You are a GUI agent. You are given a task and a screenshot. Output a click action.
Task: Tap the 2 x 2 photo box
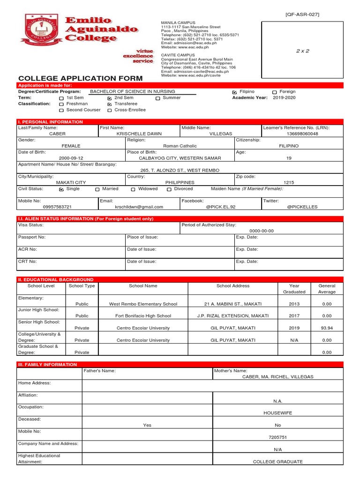(x=302, y=51)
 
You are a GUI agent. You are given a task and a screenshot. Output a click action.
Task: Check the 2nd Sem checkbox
(x=110, y=98)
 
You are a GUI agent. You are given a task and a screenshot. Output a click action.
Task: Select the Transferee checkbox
(x=110, y=104)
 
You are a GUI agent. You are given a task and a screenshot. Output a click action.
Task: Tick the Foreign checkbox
(x=274, y=92)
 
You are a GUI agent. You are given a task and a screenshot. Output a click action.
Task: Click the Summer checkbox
(x=158, y=98)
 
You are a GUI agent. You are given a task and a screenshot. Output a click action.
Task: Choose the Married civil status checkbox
(x=97, y=189)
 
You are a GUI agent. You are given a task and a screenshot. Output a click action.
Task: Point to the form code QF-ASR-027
(x=302, y=15)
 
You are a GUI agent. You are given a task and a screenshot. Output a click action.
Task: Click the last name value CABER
(x=57, y=134)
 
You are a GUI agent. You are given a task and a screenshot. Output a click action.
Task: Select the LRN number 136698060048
(x=302, y=134)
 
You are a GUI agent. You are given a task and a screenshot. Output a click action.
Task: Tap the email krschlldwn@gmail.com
(x=139, y=207)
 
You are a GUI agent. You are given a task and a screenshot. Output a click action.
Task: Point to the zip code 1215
(x=289, y=182)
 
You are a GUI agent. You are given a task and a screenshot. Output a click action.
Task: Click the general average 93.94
(x=327, y=328)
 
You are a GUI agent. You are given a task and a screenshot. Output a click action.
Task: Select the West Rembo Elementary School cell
(x=143, y=304)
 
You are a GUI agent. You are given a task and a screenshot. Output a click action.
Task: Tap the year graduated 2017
(x=294, y=316)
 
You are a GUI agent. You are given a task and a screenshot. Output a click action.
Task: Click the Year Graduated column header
(x=294, y=289)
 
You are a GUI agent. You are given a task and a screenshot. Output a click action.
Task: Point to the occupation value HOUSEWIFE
(x=277, y=413)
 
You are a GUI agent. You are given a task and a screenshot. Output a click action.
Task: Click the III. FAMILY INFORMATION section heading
(x=47, y=364)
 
